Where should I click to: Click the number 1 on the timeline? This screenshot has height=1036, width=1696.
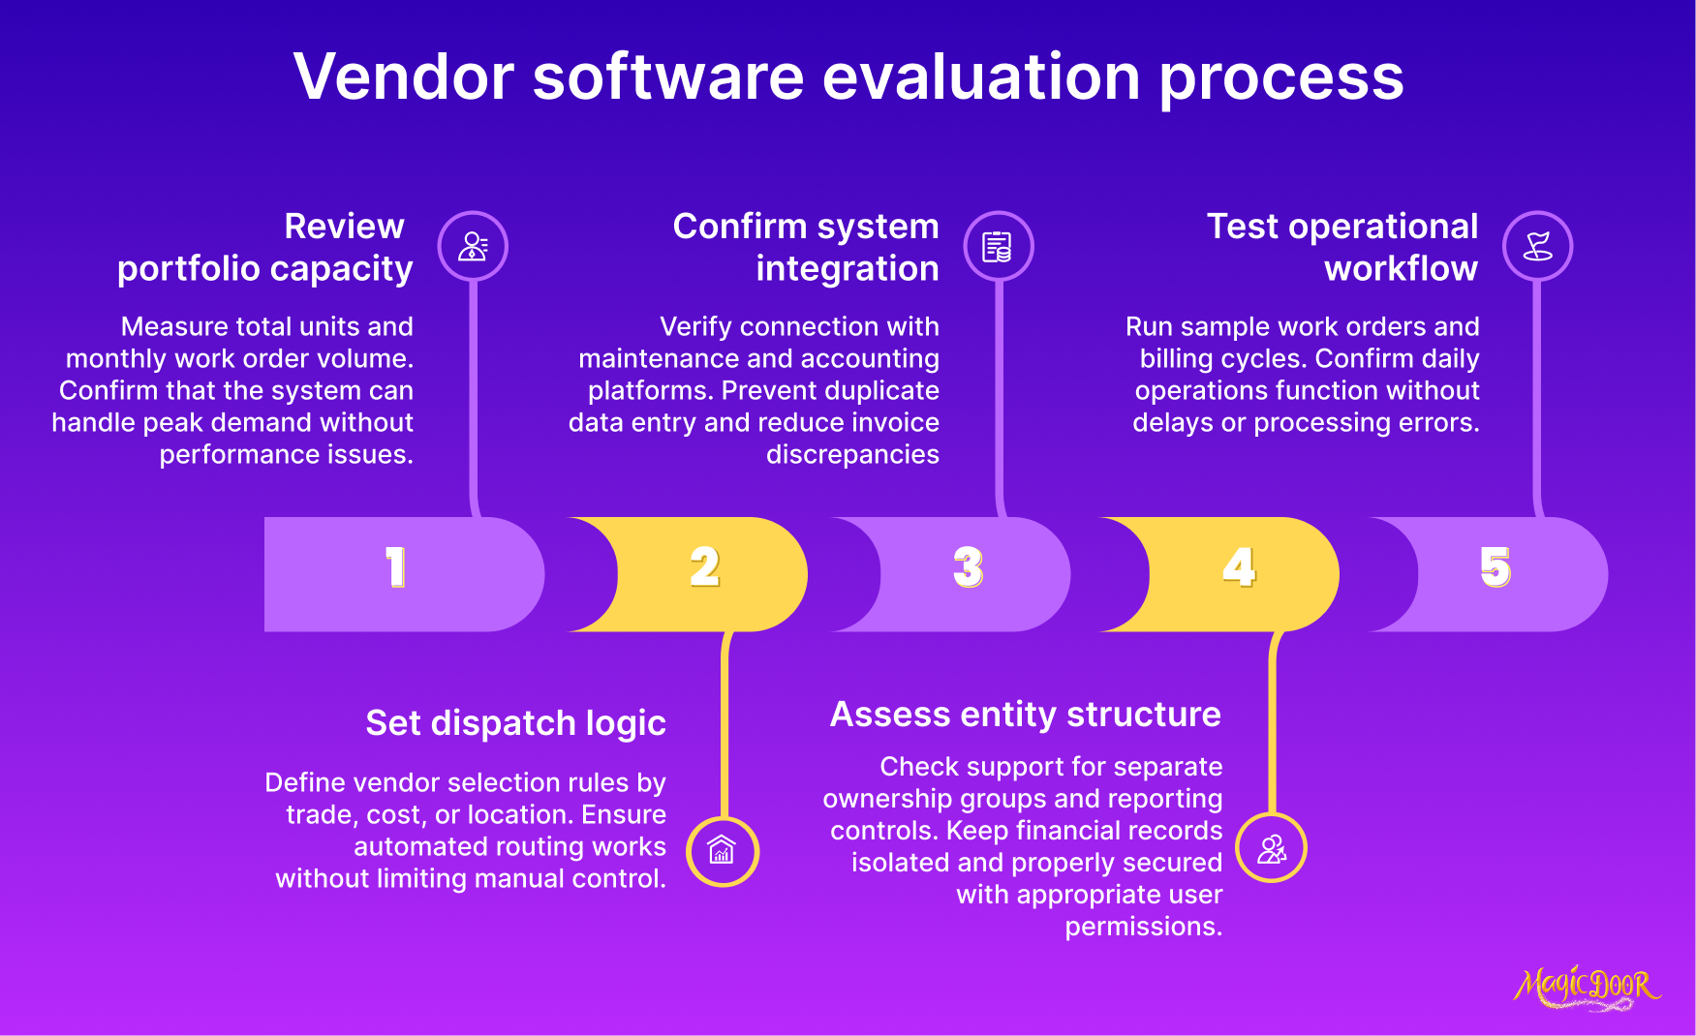pyautogui.click(x=395, y=567)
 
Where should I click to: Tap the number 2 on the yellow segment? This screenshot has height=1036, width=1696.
pyautogui.click(x=705, y=567)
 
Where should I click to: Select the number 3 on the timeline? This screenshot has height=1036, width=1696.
pyautogui.click(x=969, y=567)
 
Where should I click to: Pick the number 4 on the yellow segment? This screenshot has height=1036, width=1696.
pyautogui.click(x=1239, y=567)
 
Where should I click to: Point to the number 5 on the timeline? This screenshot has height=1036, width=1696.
pyautogui.click(x=1496, y=567)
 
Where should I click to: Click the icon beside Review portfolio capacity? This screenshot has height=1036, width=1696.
pyautogui.click(x=473, y=246)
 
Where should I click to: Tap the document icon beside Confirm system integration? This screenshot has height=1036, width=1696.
pyautogui.click(x=998, y=246)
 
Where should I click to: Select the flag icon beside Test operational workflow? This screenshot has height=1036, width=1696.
pyautogui.click(x=1537, y=246)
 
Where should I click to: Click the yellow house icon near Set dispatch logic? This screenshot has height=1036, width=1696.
pyautogui.click(x=722, y=851)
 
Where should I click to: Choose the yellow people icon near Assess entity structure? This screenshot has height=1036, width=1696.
pyautogui.click(x=1272, y=849)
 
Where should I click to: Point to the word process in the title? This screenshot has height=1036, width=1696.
pyautogui.click(x=1280, y=78)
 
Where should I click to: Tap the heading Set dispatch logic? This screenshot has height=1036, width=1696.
pyautogui.click(x=515, y=723)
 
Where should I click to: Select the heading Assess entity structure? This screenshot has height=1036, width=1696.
pyautogui.click(x=1025, y=715)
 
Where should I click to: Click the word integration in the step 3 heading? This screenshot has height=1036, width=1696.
pyautogui.click(x=847, y=268)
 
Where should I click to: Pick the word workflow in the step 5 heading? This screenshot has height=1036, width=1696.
pyautogui.click(x=1401, y=268)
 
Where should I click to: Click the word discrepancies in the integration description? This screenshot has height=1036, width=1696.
pyautogui.click(x=852, y=454)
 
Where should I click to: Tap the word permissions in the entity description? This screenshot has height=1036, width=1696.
pyautogui.click(x=1143, y=927)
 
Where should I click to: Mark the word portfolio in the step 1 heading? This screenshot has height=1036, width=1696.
pyautogui.click(x=185, y=268)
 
